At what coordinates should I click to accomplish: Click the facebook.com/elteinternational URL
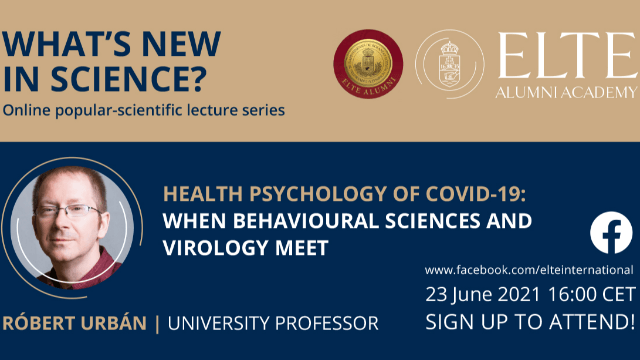pyautogui.click(x=529, y=270)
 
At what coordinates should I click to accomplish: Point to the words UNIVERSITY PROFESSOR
pyautogui.click(x=273, y=323)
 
